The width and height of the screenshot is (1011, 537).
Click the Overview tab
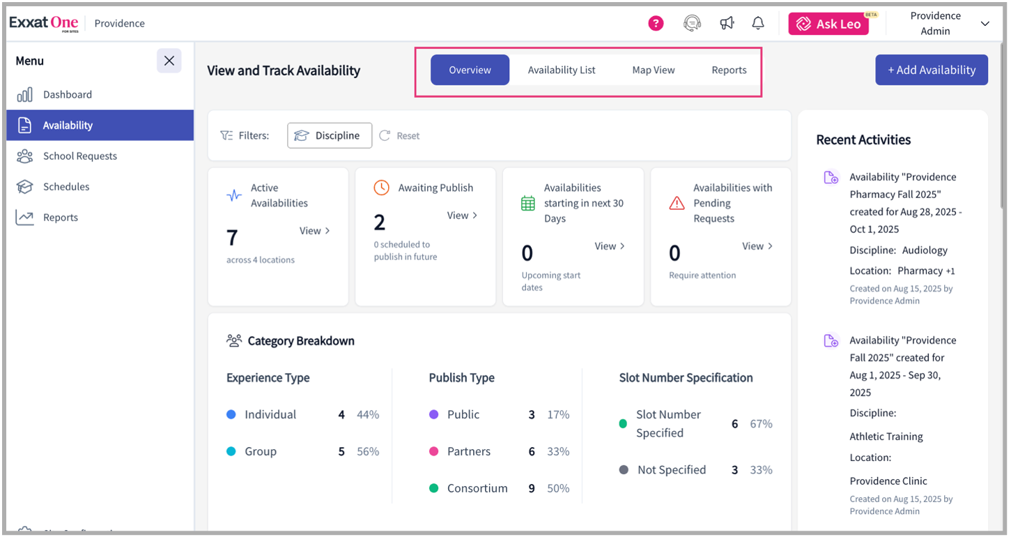[x=470, y=70]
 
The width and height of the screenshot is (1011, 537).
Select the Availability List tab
[x=561, y=70]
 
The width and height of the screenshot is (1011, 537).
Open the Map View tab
[x=653, y=70]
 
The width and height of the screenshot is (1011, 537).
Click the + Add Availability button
[x=931, y=70]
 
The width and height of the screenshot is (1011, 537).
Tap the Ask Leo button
[x=829, y=24]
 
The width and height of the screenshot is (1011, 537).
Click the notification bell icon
[x=758, y=23]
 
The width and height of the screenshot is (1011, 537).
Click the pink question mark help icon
[x=656, y=23]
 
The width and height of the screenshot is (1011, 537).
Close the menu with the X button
[x=169, y=61]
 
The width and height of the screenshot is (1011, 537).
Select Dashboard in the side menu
[x=67, y=94]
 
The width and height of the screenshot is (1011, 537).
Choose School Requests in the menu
[x=79, y=156]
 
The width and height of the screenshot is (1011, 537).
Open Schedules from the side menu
[x=65, y=186]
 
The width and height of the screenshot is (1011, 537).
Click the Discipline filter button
[x=329, y=135]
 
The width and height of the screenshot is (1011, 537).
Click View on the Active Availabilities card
[x=314, y=231]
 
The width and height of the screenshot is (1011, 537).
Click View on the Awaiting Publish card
[x=462, y=215]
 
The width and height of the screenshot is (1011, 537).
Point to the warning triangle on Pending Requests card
[x=677, y=203]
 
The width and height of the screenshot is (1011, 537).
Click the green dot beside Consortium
[x=433, y=488]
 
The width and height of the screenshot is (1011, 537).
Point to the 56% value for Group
[x=367, y=451]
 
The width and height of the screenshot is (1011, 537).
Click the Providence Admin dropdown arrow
[x=985, y=24]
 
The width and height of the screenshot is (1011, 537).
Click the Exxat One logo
[x=43, y=23]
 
